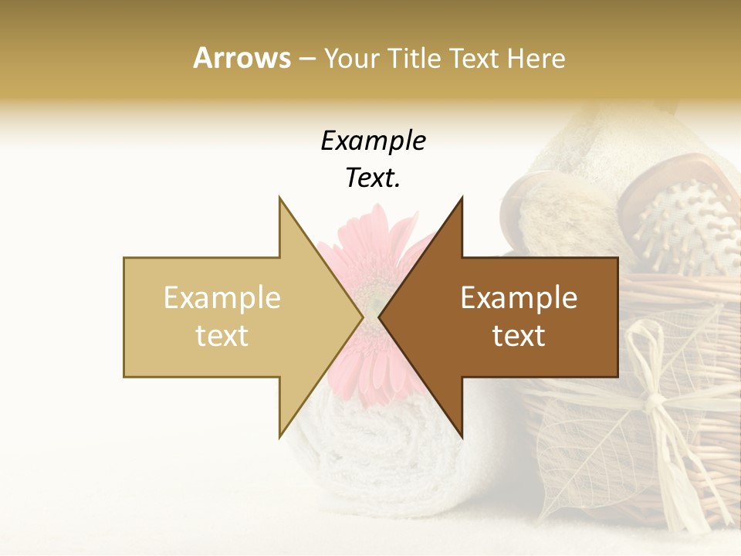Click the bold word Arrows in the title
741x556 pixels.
click(x=242, y=58)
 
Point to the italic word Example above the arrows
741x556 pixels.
click(x=373, y=141)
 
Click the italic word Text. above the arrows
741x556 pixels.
click(x=373, y=178)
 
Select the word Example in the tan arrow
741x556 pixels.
click(x=222, y=297)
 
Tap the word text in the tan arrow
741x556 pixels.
click(x=222, y=335)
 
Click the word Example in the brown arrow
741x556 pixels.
click(x=519, y=297)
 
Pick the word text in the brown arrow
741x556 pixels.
click(x=519, y=335)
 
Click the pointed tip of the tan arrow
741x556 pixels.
click(x=362, y=317)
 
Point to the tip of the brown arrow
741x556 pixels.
click(x=380, y=317)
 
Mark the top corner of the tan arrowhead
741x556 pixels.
click(x=279, y=198)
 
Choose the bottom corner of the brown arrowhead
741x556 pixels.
click(x=462, y=436)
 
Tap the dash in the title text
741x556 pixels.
click(x=306, y=59)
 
